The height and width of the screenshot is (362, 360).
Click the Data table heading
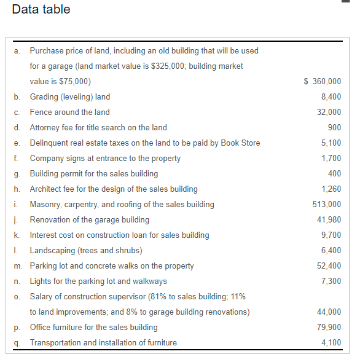pyautogui.click(x=41, y=10)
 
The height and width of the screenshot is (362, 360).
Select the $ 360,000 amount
pyautogui.click(x=323, y=81)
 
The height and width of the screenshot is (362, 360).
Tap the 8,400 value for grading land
pyautogui.click(x=331, y=96)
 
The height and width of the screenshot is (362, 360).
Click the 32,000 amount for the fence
pyautogui.click(x=329, y=112)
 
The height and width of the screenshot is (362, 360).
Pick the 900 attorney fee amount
pyautogui.click(x=335, y=127)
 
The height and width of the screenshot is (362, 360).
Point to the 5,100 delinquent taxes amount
pyautogui.click(x=331, y=143)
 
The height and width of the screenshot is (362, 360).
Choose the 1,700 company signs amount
pyautogui.click(x=331, y=158)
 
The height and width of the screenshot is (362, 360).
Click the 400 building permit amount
pyautogui.click(x=335, y=173)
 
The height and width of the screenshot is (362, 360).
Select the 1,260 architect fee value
pyautogui.click(x=331, y=189)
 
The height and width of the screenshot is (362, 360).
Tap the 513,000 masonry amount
pyautogui.click(x=327, y=204)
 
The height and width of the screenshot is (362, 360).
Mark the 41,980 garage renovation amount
pyautogui.click(x=329, y=219)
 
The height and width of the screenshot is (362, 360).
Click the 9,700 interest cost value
pyautogui.click(x=331, y=235)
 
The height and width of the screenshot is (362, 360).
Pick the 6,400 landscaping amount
pyautogui.click(x=331, y=250)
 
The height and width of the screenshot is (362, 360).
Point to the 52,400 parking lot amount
pyautogui.click(x=329, y=266)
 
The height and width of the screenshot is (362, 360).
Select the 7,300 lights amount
pyautogui.click(x=331, y=281)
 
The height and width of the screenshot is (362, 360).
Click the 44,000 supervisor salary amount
pyautogui.click(x=329, y=312)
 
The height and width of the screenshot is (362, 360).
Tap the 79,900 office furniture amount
pyautogui.click(x=329, y=327)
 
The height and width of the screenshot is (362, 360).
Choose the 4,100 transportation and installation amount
pyautogui.click(x=331, y=342)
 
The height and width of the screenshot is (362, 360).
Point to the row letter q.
pyautogui.click(x=16, y=343)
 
